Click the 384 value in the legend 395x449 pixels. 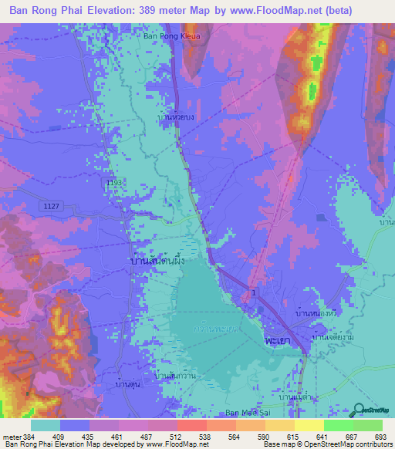pos(25,437)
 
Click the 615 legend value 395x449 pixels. pos(292,437)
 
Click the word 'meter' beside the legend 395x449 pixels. pos(8,437)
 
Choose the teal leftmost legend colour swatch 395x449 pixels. pos(46,425)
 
